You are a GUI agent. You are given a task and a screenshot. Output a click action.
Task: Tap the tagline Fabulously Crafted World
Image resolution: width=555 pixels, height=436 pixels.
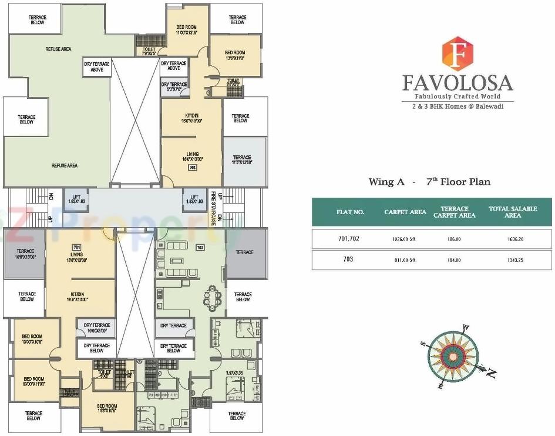[x=457, y=96]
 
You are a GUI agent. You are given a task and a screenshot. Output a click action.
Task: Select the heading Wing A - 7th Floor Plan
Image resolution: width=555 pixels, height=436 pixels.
[x=429, y=182]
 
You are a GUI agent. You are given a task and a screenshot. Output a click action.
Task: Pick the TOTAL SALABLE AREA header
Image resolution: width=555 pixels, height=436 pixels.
[x=512, y=212]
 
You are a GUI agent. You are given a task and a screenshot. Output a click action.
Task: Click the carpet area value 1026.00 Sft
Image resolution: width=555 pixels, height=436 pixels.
[x=405, y=240]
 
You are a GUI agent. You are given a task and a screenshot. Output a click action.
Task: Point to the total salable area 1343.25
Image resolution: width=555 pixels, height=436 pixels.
[x=512, y=259]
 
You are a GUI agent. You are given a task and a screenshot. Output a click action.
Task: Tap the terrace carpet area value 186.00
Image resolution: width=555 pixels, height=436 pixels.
[x=454, y=240]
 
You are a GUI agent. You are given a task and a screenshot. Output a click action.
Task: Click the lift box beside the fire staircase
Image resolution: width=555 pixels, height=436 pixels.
[x=194, y=198]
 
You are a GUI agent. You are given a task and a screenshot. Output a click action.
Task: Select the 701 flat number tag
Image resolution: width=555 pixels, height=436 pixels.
[x=76, y=247]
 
